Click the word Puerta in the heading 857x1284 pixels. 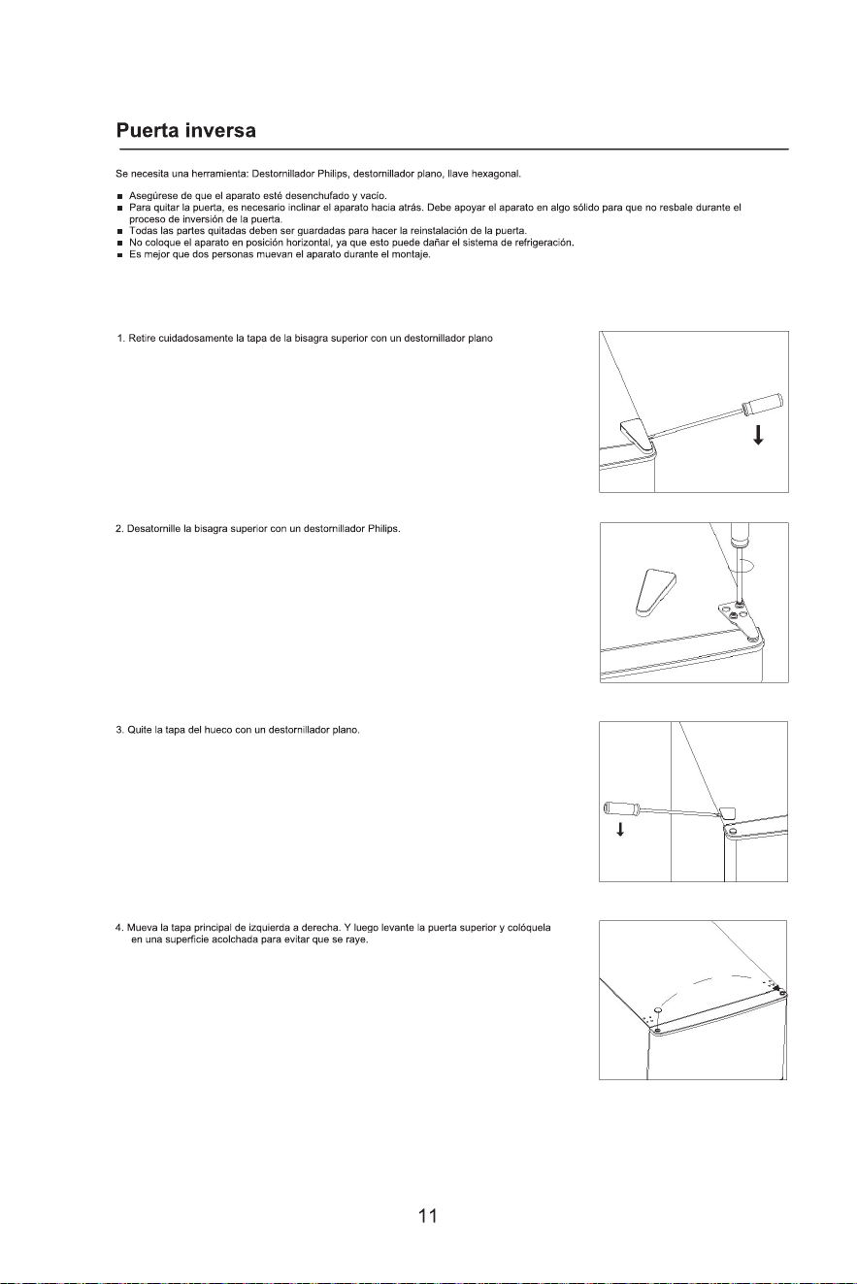pyautogui.click(x=148, y=131)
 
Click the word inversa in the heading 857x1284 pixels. pyautogui.click(x=220, y=131)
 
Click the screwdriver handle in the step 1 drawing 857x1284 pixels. pyautogui.click(x=763, y=404)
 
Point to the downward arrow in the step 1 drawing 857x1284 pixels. pyautogui.click(x=758, y=436)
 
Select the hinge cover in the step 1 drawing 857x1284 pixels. pyautogui.click(x=637, y=436)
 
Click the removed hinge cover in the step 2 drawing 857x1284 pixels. pyautogui.click(x=653, y=592)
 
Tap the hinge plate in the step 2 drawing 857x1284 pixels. pyautogui.click(x=741, y=620)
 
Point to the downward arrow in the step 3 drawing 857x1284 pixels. pyautogui.click(x=619, y=829)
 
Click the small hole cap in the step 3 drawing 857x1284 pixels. pyautogui.click(x=727, y=812)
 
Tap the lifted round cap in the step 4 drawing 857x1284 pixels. pyautogui.click(x=657, y=1009)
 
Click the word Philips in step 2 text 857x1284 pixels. pyautogui.click(x=383, y=529)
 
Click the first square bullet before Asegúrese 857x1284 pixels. pyautogui.click(x=119, y=197)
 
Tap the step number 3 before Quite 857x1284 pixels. pyautogui.click(x=119, y=730)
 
